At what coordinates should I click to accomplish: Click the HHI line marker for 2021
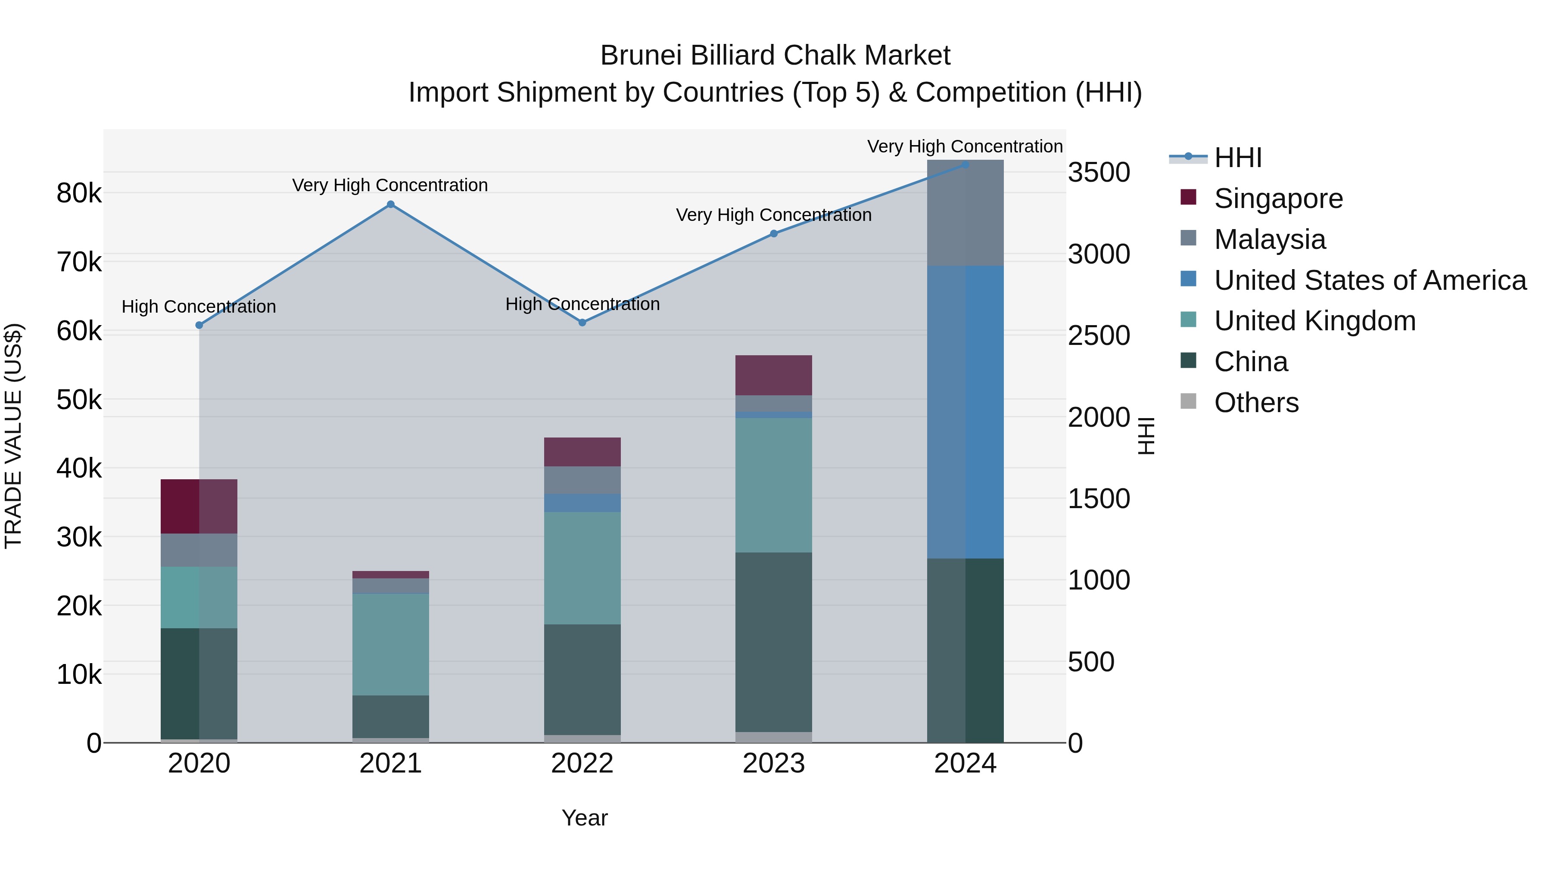point(390,205)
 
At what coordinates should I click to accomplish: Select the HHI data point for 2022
point(582,323)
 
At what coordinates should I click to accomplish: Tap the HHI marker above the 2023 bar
point(774,233)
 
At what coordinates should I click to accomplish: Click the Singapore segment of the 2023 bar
point(774,375)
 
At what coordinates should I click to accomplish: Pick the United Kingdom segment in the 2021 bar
point(390,644)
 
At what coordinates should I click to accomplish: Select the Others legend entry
point(1256,403)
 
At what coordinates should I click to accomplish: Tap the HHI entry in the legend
point(1237,158)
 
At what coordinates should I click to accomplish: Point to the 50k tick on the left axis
point(79,400)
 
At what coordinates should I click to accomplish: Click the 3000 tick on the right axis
point(1099,254)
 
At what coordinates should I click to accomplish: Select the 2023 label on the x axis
point(774,763)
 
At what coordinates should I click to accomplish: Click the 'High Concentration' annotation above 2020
point(199,307)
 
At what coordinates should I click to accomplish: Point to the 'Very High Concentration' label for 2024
point(965,146)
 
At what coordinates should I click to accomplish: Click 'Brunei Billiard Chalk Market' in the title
point(775,56)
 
